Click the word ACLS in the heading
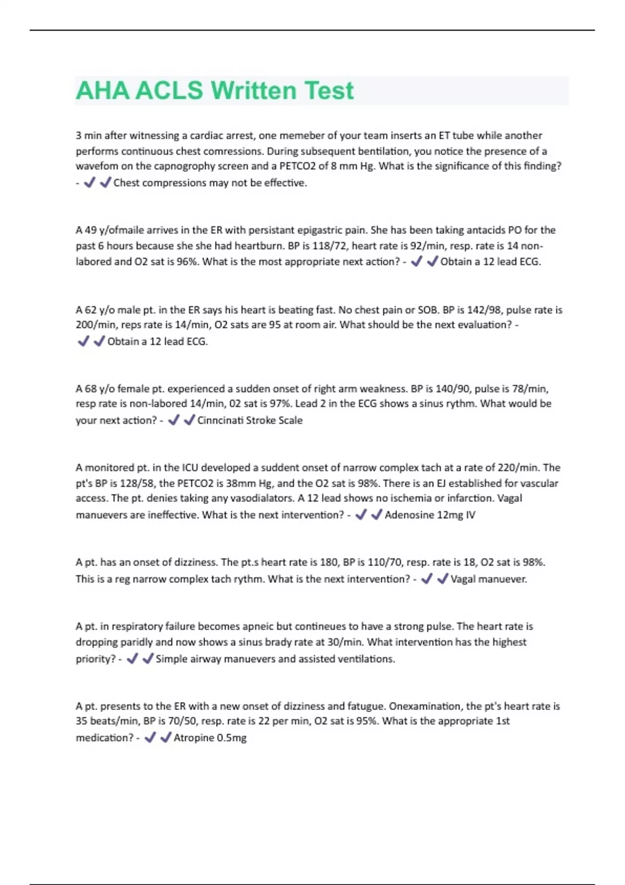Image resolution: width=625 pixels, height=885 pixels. (x=169, y=91)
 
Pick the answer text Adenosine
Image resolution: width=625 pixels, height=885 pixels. (x=409, y=515)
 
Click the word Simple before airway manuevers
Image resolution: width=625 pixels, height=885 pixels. (x=172, y=659)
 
